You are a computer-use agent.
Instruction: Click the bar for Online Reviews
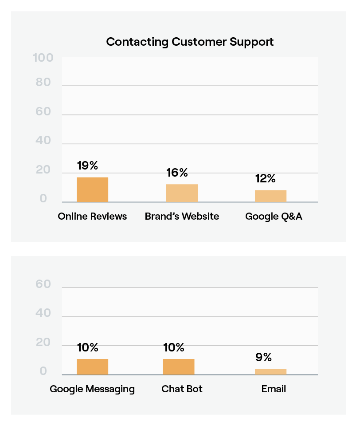coord(92,189)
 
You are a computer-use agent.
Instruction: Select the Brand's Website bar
coord(182,193)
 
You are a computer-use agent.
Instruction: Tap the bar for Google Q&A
coord(270,196)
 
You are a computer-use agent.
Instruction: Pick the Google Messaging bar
coord(92,367)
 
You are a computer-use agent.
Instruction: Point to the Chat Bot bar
coord(179,367)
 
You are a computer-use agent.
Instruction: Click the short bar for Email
coord(270,372)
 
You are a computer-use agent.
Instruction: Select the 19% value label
coord(87,166)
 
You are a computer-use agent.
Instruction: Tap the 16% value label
coord(177,173)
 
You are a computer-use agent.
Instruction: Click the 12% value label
coord(266,178)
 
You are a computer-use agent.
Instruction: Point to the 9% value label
coord(263,357)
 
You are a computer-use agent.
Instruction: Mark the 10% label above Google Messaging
coord(87,347)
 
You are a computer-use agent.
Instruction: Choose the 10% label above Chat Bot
coord(174,347)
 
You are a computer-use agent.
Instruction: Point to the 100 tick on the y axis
coord(43,58)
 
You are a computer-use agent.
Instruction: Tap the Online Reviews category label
coord(92,217)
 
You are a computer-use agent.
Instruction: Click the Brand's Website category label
coord(182,217)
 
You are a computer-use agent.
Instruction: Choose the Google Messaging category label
coord(92,389)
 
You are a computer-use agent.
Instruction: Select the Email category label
coord(274,389)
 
